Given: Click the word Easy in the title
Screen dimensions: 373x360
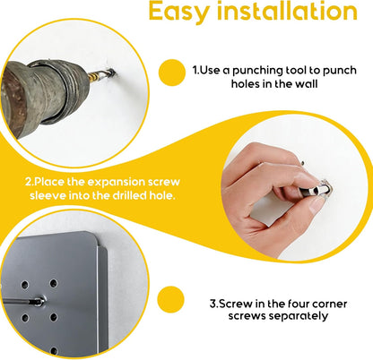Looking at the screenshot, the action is coord(178,12).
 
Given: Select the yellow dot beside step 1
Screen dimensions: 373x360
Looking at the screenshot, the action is coord(172,73).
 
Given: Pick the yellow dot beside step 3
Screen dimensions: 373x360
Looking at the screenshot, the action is coord(170,299).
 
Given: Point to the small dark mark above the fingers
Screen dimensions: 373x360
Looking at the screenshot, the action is coord(302,163).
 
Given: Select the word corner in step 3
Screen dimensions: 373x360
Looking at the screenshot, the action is coord(329,304).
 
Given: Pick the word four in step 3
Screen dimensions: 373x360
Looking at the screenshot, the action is coord(299,304).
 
